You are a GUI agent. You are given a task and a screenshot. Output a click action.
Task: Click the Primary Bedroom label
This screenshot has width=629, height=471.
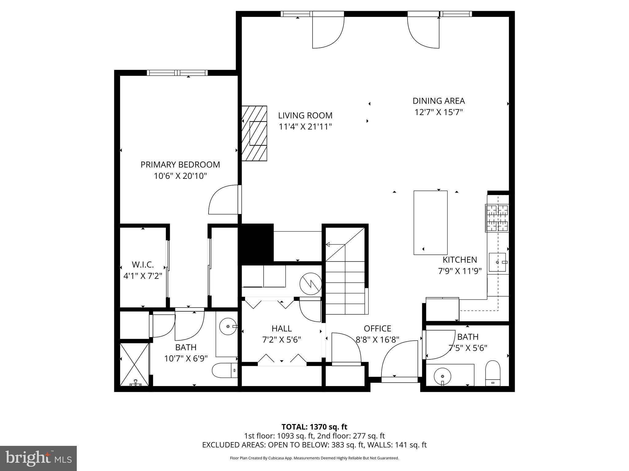click(180, 165)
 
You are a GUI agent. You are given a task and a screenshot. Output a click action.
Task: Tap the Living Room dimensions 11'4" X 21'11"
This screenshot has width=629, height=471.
click(305, 127)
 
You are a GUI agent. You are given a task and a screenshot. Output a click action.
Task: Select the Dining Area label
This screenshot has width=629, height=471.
click(438, 101)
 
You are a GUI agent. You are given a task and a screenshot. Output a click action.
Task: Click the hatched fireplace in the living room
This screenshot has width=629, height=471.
click(254, 133)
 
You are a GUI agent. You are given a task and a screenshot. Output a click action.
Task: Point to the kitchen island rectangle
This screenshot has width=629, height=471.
click(430, 223)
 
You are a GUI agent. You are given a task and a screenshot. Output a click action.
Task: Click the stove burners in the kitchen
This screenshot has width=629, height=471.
click(497, 218)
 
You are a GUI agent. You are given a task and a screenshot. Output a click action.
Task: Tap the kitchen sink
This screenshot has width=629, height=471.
click(497, 262)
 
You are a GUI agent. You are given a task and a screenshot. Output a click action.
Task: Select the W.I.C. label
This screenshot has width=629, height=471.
click(143, 264)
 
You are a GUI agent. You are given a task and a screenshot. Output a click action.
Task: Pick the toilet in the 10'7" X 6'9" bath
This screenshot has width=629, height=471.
click(225, 370)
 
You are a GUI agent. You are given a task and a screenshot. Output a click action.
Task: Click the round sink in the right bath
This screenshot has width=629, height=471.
click(442, 376)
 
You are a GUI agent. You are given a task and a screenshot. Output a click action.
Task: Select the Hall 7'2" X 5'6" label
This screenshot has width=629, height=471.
click(281, 334)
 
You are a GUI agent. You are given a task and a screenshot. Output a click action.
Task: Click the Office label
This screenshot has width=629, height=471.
click(377, 328)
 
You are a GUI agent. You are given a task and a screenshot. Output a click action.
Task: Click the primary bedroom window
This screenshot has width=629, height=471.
click(177, 73)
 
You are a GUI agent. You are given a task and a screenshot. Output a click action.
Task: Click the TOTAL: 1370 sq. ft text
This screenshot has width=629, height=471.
click(314, 427)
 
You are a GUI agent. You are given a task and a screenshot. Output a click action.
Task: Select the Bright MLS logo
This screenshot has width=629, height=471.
click(38, 458)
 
